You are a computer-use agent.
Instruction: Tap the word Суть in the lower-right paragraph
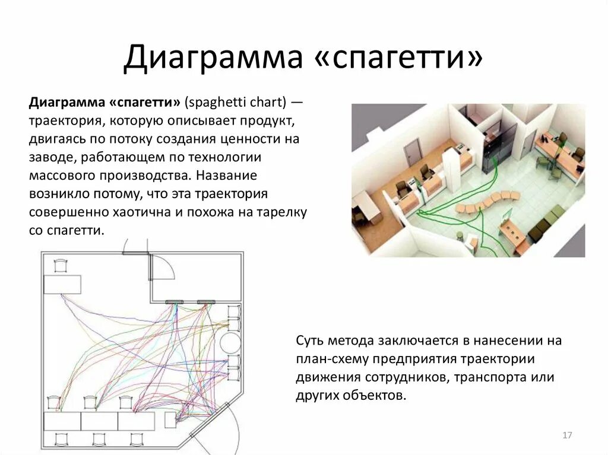tap(309, 341)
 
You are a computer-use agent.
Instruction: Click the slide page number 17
tap(566, 436)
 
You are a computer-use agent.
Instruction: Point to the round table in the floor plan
tap(229, 342)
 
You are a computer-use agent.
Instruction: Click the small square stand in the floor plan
tap(170, 421)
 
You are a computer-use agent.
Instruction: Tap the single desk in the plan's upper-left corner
tap(62, 284)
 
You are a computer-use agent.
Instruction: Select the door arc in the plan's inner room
tap(163, 268)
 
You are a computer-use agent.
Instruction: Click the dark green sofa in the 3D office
tap(545, 224)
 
